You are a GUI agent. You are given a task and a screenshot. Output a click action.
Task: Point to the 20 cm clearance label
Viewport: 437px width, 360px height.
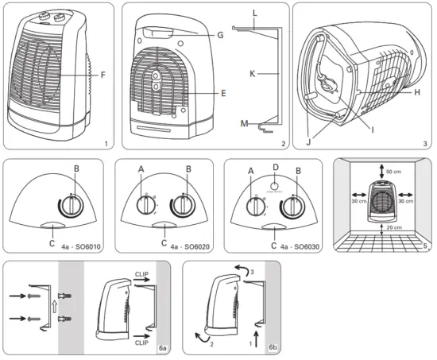(392, 227)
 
